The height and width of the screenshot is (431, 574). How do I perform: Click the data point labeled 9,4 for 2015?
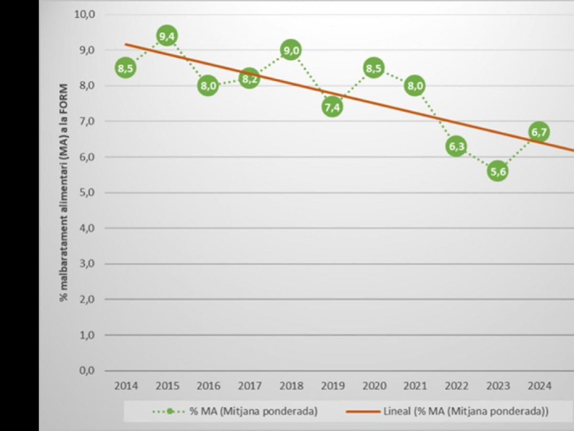[167, 36]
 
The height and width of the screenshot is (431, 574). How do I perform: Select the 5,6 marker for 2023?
[497, 171]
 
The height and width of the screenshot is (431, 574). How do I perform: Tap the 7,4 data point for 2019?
[332, 107]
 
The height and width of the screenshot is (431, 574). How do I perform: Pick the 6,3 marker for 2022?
[456, 146]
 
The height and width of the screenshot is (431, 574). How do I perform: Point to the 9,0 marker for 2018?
[291, 50]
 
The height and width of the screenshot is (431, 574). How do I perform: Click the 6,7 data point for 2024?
[539, 132]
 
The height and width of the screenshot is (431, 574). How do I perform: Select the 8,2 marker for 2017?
[249, 79]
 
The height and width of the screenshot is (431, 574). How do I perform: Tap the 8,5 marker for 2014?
[125, 68]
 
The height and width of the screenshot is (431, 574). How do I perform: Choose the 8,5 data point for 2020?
[374, 68]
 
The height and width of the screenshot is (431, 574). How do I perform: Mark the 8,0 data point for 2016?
[208, 86]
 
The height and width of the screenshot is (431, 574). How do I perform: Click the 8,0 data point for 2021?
[415, 86]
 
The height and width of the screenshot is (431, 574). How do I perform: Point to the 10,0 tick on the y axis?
[85, 14]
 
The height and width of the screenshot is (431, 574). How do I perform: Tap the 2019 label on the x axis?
[332, 386]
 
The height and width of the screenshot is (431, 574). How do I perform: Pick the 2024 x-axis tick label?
[539, 386]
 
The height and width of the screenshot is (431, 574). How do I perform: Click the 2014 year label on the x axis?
[125, 386]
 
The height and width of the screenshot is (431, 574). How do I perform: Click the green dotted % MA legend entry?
[234, 411]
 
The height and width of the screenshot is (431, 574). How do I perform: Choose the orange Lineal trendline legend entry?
[447, 411]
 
